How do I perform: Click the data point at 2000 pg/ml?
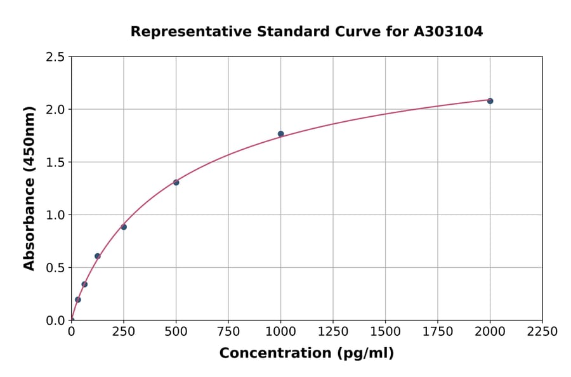(x=490, y=101)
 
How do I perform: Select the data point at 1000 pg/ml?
(x=280, y=134)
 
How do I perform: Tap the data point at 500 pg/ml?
(x=176, y=182)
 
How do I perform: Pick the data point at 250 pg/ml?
(x=124, y=227)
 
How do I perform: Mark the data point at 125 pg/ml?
(x=97, y=256)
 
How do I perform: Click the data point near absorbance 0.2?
(x=78, y=300)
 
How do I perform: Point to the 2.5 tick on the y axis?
(x=55, y=57)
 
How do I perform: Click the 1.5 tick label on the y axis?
(x=55, y=162)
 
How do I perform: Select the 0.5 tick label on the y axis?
(x=55, y=268)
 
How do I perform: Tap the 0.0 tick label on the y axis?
(x=55, y=321)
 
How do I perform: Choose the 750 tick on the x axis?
(x=228, y=332)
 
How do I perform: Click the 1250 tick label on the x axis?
(x=333, y=332)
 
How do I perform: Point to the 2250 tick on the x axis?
(x=542, y=332)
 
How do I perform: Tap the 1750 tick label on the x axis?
(x=438, y=332)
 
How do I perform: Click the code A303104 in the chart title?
(x=449, y=32)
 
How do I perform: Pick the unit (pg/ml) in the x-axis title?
(x=365, y=354)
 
